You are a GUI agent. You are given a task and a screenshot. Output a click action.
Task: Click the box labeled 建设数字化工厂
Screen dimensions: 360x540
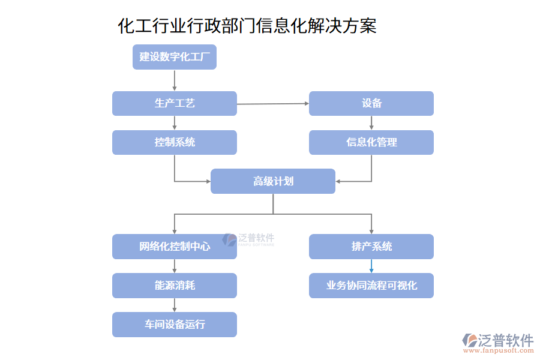174,57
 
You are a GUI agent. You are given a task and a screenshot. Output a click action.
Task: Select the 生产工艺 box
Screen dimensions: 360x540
174,103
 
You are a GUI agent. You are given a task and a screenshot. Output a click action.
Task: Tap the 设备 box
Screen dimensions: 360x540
371,103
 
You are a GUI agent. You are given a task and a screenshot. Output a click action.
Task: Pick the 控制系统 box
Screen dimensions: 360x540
174,142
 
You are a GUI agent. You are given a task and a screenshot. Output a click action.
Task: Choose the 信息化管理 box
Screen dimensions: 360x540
371,142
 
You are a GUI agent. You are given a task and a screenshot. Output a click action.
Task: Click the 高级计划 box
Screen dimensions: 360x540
272,181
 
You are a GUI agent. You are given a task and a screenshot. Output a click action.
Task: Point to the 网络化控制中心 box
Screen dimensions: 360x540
174,247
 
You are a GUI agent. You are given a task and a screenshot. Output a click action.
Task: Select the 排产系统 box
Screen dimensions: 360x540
371,247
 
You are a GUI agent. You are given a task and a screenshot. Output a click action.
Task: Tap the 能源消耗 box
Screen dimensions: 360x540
174,286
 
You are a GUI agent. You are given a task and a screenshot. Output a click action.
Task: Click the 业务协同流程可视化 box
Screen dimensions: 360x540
371,286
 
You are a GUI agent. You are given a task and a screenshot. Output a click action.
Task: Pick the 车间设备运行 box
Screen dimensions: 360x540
174,325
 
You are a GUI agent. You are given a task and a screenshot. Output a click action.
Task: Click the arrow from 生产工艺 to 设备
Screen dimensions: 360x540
272,104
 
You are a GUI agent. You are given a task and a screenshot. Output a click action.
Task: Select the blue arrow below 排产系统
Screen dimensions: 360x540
371,266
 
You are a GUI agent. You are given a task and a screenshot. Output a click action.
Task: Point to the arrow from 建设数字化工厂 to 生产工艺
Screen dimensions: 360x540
175,80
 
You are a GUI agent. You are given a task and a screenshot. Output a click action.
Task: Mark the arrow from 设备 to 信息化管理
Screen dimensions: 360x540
371,122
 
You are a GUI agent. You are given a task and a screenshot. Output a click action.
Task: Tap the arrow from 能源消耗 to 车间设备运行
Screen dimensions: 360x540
175,305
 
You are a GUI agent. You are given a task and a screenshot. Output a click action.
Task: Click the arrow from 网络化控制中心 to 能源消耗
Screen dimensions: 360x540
175,266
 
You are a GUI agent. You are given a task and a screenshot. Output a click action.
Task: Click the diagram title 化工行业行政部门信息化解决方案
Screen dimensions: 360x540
247,26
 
